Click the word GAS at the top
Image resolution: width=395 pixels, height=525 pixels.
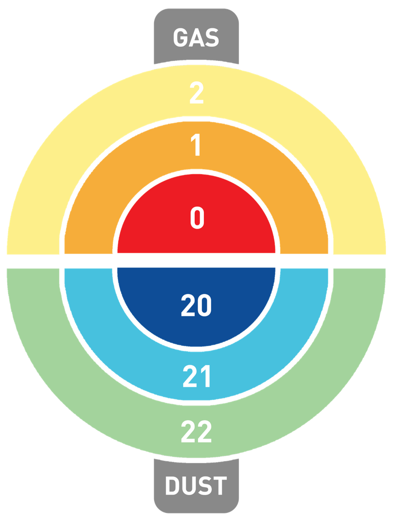tap(196, 38)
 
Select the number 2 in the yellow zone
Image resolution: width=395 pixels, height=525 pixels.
tap(196, 93)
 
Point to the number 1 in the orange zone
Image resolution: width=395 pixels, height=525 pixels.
tap(196, 145)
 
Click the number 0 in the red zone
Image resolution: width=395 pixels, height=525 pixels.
tap(197, 218)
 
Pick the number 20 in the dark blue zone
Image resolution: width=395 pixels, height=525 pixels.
tap(196, 305)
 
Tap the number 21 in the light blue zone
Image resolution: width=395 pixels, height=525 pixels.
tap(197, 376)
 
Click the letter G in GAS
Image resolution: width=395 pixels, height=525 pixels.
tap(180, 38)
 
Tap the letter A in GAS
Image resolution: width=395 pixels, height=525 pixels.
tap(197, 38)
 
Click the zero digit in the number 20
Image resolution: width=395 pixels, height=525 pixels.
tap(204, 305)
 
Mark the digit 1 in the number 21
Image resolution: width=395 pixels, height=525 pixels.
tap(206, 376)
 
